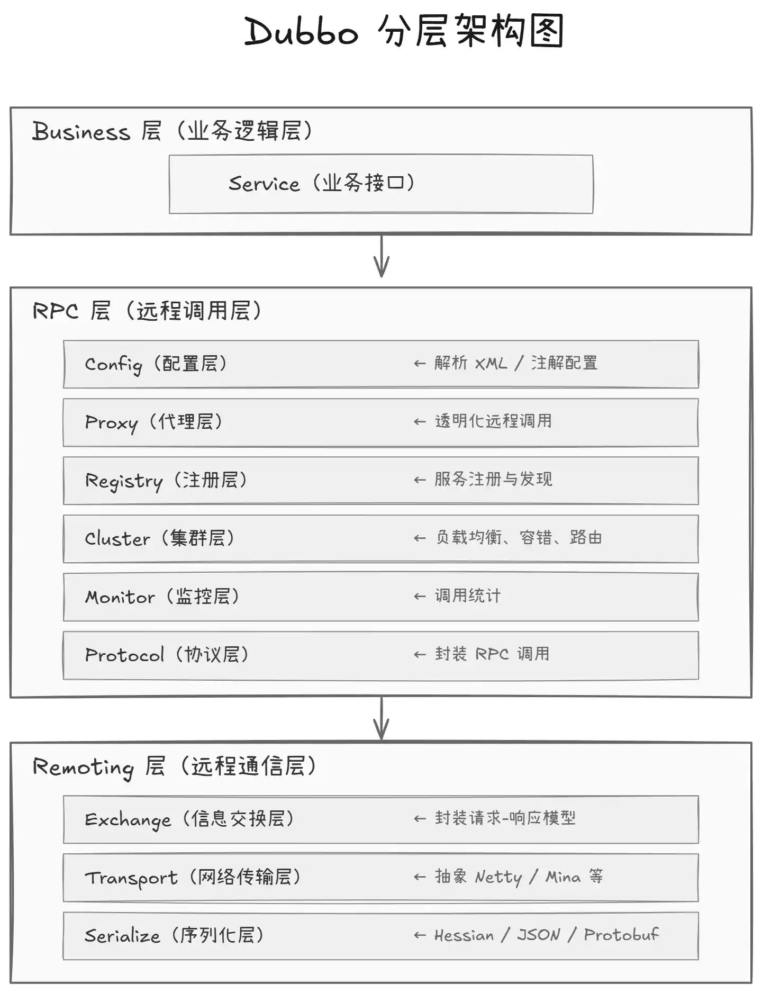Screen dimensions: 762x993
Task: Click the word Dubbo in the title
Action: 301,31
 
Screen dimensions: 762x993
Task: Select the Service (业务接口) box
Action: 381,184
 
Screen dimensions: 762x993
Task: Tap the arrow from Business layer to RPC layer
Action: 382,256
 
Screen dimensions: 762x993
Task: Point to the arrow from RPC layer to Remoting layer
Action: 382,719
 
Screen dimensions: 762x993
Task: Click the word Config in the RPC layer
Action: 113,365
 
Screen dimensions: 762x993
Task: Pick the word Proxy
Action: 111,423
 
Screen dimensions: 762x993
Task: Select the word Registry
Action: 124,481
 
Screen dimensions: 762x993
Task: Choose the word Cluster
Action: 117,538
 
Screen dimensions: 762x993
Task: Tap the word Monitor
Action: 120,597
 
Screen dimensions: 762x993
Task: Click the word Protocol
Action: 124,655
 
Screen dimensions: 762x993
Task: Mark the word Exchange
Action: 128,820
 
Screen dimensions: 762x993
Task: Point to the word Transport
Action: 131,878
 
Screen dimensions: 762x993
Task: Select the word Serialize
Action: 122,935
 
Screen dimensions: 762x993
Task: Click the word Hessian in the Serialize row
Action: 464,935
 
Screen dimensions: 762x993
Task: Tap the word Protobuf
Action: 621,934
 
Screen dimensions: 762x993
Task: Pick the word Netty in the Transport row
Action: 498,878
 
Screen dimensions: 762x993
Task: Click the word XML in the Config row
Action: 491,364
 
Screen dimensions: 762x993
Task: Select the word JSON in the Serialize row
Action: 538,935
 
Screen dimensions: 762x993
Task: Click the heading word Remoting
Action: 83,767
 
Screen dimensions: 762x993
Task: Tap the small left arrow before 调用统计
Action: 420,597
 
